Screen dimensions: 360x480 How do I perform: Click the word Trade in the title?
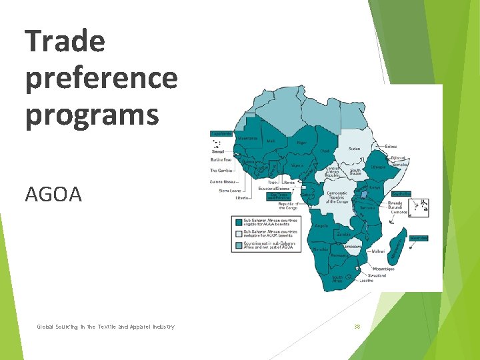pyautogui.click(x=65, y=41)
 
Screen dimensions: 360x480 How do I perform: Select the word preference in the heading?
pyautogui.click(x=101, y=79)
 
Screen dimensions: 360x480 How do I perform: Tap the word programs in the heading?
pyautogui.click(x=92, y=113)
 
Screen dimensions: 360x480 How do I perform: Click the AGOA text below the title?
pyautogui.click(x=53, y=194)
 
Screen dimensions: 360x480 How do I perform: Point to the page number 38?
pyautogui.click(x=357, y=327)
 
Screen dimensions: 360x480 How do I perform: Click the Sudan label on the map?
pyautogui.click(x=354, y=149)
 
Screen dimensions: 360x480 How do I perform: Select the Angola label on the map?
pyautogui.click(x=321, y=227)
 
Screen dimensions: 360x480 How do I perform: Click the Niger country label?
pyautogui.click(x=301, y=142)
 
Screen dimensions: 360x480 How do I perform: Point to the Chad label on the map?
pyautogui.click(x=325, y=151)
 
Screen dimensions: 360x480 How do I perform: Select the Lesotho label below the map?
pyautogui.click(x=367, y=281)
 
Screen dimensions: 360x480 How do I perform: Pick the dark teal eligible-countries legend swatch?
pyautogui.click(x=237, y=221)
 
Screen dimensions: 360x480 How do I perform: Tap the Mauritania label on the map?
pyautogui.click(x=247, y=138)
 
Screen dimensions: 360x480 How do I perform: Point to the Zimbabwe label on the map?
pyautogui.click(x=353, y=246)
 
